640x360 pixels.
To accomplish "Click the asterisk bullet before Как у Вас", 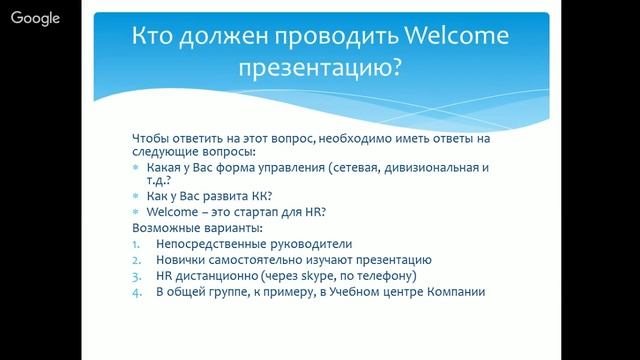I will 136,197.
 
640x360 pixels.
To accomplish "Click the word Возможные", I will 164,228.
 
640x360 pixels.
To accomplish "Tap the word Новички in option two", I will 181,260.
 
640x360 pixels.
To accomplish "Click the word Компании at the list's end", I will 455,292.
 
